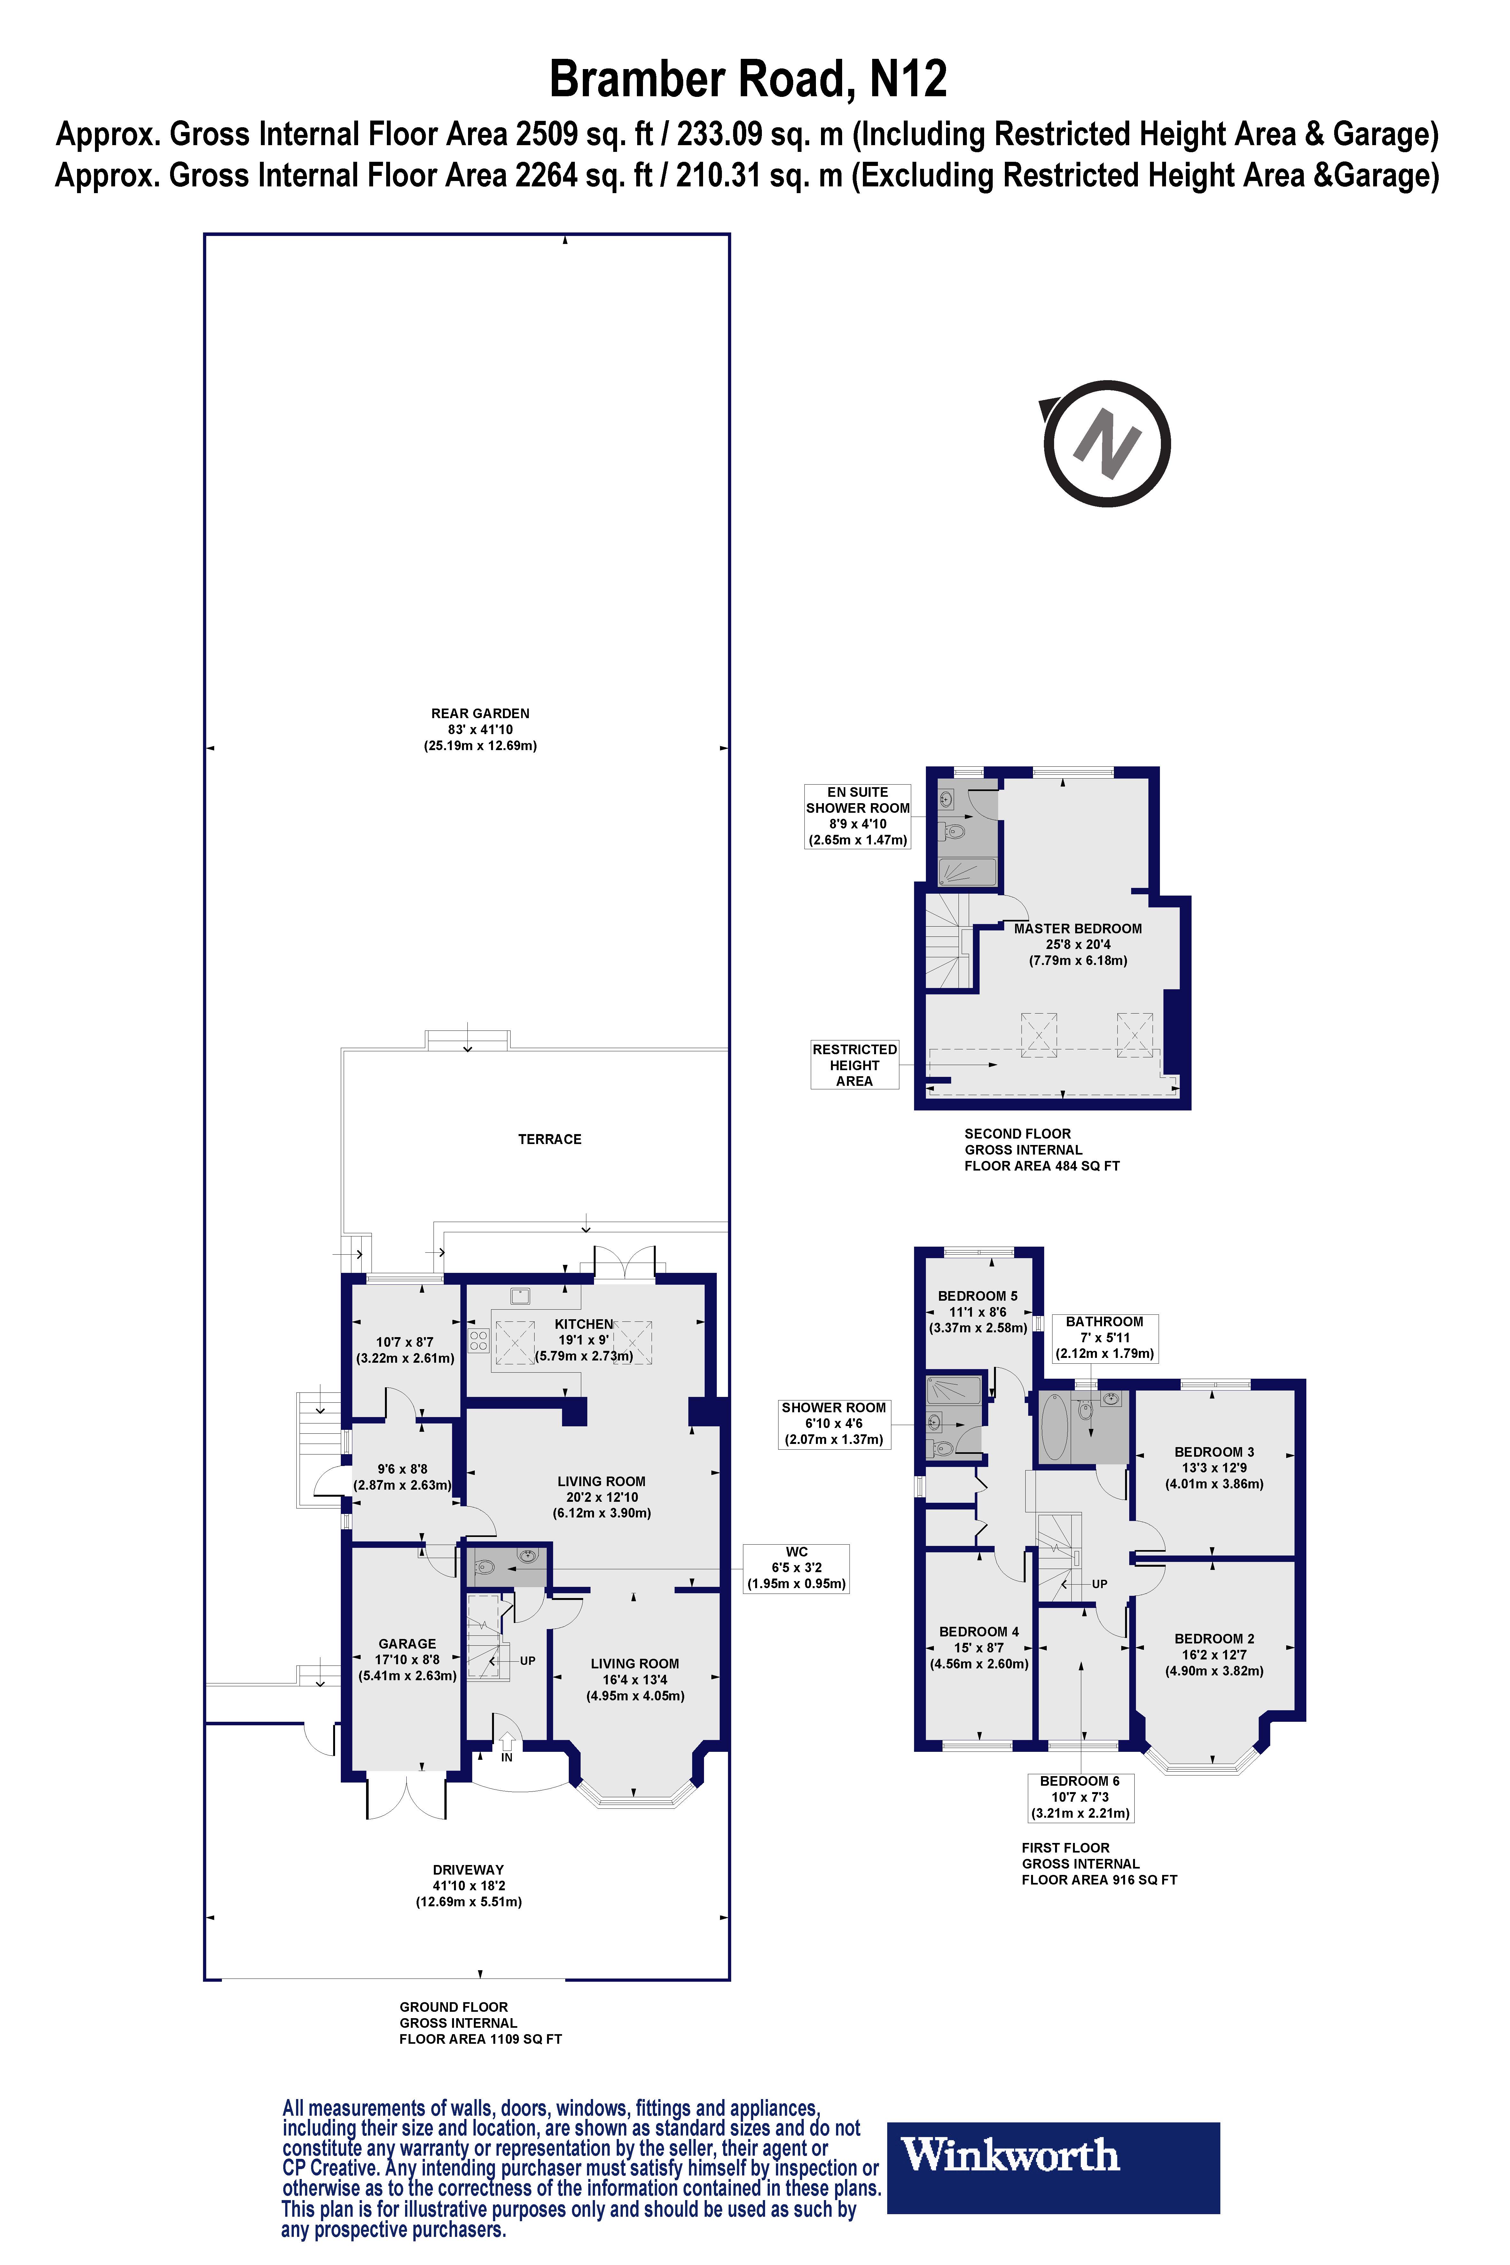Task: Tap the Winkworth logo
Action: coord(1052,2167)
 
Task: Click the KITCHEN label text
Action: coord(583,1324)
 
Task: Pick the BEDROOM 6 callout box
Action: coord(1080,1797)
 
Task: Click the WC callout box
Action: coord(796,1568)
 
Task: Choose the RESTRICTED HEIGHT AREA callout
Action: coord(854,1065)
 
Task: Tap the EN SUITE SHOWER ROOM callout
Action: coord(857,816)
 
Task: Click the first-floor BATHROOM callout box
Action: coord(1105,1338)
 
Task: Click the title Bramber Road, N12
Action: coord(747,79)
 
